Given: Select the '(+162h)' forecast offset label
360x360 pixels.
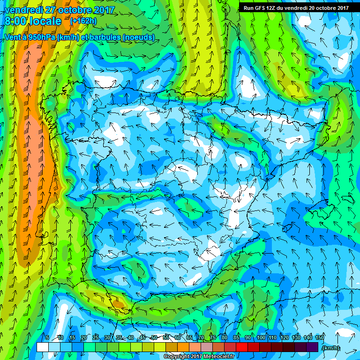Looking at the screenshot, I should (83, 21).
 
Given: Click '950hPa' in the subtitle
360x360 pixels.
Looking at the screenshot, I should (40, 37).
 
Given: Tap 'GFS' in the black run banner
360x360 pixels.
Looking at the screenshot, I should (262, 8).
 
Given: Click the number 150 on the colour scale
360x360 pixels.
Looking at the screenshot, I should (320, 337).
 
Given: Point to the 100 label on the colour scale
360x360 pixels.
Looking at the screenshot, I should (261, 337).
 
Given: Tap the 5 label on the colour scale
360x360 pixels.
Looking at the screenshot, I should (47, 337).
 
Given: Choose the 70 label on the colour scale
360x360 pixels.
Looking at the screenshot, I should (201, 337).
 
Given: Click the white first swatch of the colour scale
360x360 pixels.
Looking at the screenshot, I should (42, 347).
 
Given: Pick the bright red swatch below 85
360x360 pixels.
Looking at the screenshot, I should (241, 347).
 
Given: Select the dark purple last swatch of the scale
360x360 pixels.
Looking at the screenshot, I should (312, 347).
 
